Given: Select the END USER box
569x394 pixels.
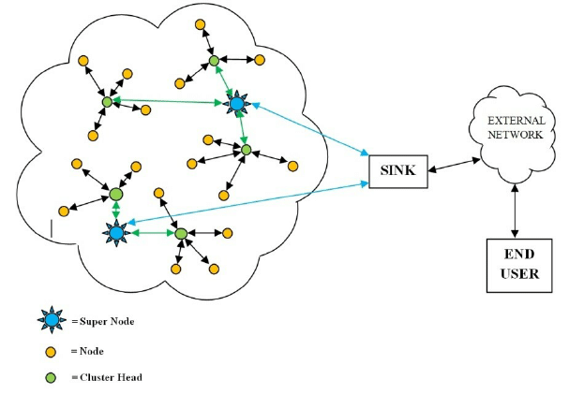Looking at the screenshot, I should (515, 265).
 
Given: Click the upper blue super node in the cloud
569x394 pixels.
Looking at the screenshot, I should (236, 103).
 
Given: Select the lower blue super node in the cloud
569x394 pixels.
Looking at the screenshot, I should (116, 230).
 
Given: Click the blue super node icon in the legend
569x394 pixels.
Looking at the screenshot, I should (52, 321).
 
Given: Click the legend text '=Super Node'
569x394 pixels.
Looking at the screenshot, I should (102, 322).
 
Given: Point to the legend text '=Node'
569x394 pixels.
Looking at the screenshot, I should (87, 352).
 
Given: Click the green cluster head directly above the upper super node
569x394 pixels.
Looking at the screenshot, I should (214, 62).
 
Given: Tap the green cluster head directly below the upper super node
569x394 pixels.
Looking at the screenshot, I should (246, 149).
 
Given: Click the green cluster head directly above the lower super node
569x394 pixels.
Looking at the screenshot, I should (115, 195).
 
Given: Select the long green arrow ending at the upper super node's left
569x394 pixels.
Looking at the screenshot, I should (169, 101).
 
